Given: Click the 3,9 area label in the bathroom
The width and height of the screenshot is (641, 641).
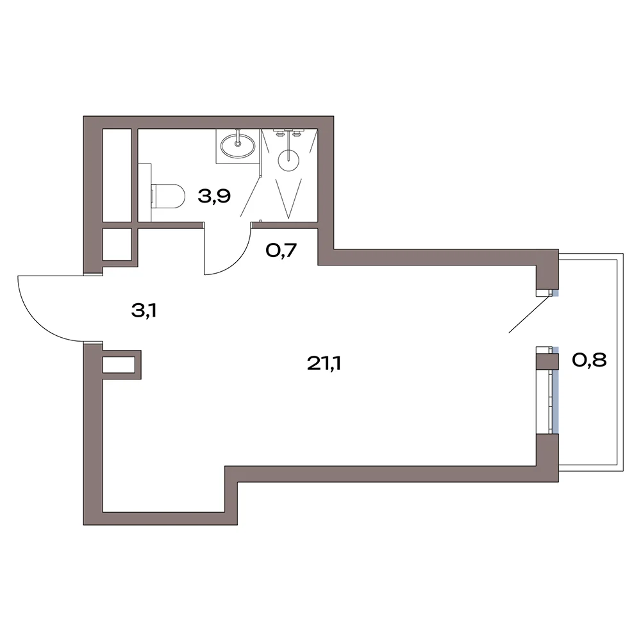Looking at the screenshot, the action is [x=214, y=197].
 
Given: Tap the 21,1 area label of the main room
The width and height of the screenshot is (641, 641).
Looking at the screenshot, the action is [x=324, y=363].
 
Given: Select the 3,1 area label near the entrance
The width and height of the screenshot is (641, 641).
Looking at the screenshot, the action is [x=144, y=311].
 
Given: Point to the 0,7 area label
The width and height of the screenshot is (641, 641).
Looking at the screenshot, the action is [x=281, y=250].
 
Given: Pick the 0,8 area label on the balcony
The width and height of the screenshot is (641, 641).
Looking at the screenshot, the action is [x=589, y=360].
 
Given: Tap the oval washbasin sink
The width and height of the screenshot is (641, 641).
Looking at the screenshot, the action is [x=238, y=146].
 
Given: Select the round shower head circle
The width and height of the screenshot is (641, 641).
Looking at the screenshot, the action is [x=288, y=160].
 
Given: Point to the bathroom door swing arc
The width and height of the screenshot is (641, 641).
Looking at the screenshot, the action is [x=238, y=262].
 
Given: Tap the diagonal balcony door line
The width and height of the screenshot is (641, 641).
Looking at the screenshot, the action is [x=528, y=314].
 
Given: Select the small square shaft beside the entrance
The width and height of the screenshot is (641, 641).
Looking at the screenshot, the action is [x=117, y=244].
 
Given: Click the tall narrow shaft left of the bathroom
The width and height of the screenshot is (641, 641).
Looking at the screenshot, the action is [x=117, y=176].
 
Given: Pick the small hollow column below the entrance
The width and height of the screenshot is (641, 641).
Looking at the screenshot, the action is [x=122, y=365].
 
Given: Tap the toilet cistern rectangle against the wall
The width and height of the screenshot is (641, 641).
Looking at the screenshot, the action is [x=145, y=192].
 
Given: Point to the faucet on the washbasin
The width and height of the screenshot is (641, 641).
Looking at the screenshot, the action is [x=237, y=138].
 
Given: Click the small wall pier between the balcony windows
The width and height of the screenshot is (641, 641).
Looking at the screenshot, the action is [x=547, y=360].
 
